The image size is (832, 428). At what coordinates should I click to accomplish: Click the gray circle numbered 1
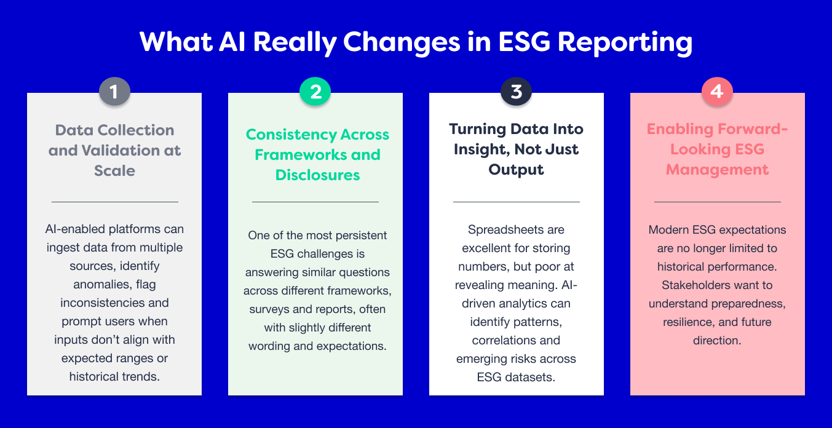point(114,92)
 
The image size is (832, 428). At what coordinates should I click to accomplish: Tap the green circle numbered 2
point(315,92)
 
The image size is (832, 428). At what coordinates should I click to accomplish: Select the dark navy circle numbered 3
point(517,92)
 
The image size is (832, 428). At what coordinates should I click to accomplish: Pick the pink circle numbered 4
point(717,92)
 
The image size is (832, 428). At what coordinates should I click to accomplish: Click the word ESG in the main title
point(524,42)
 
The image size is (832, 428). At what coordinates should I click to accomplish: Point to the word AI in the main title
point(232,42)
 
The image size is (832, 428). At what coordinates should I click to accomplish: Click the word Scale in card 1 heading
point(114,171)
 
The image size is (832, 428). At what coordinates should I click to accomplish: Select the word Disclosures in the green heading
point(317,175)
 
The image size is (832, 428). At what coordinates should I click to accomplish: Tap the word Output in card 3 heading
point(516,170)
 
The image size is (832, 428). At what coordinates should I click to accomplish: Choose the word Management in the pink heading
point(717,170)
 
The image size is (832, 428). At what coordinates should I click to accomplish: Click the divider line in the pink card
point(717,202)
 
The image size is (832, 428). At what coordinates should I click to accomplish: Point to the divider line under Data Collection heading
point(115,202)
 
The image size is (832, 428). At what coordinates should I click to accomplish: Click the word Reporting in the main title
point(625,42)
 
